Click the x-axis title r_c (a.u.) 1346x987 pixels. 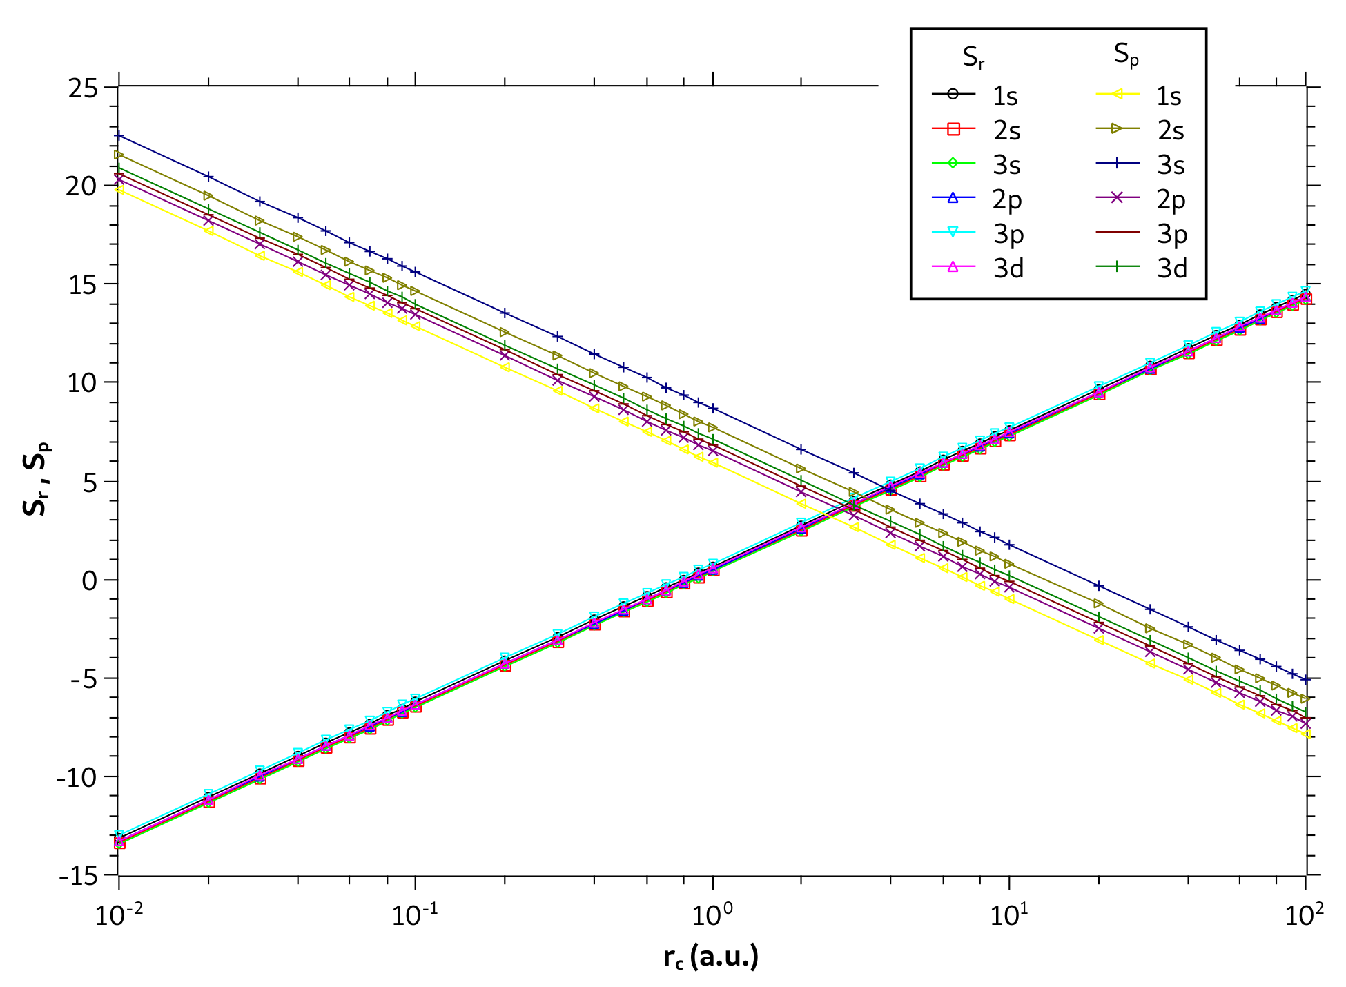coord(711,957)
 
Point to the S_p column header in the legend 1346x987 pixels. coord(1126,55)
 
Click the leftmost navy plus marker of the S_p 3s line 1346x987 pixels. coord(119,135)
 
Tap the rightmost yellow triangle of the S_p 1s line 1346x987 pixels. coord(1305,734)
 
